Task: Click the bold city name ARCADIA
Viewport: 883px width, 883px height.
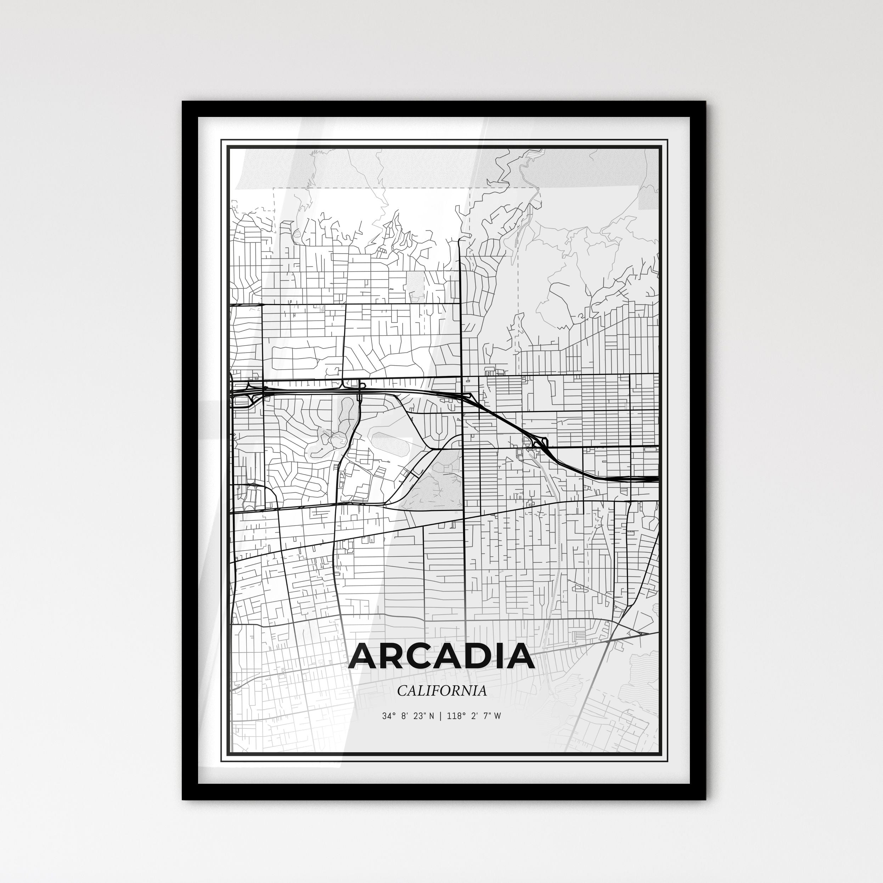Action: [x=441, y=656]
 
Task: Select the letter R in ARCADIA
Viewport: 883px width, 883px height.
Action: [x=397, y=656]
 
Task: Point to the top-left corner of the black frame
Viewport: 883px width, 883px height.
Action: [x=183, y=102]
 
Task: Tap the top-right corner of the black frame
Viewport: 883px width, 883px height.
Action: [x=705, y=102]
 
